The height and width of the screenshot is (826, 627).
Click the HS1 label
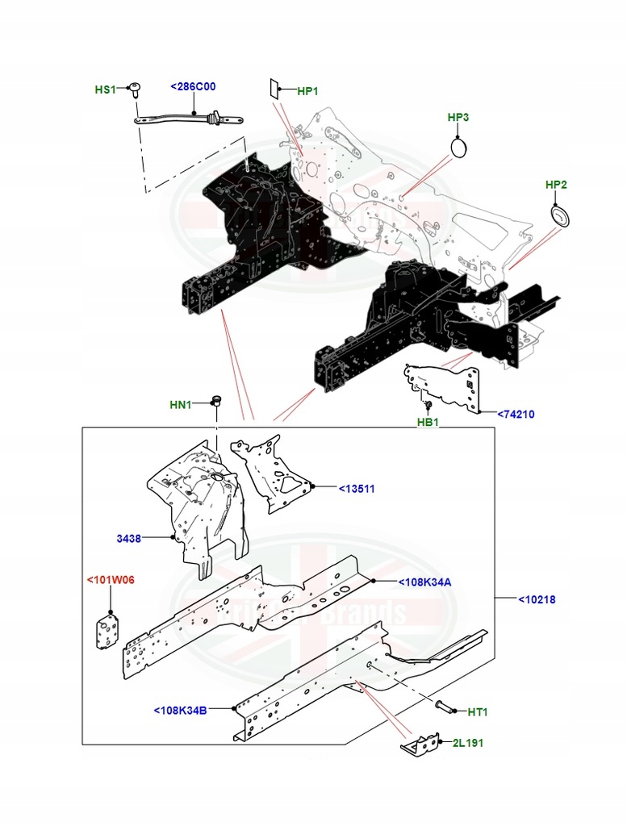pos(106,90)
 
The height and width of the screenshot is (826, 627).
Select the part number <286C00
pos(193,86)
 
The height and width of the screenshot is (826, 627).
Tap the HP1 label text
pos(308,91)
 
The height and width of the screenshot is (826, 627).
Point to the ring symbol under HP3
pos(459,148)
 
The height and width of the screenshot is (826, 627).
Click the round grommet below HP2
pos(557,215)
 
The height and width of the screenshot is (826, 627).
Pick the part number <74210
pos(516,415)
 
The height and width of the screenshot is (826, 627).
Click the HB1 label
pos(427,422)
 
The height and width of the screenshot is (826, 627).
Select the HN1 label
pos(181,405)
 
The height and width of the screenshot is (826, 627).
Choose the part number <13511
pos(357,489)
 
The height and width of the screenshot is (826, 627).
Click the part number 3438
pos(129,539)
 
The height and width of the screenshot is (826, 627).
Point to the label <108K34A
pos(424,582)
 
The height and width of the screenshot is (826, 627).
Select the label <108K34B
pos(180,711)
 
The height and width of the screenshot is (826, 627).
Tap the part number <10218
pos(536,599)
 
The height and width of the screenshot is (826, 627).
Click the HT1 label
pos(478,711)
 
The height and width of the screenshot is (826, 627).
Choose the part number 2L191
pos(467,743)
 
